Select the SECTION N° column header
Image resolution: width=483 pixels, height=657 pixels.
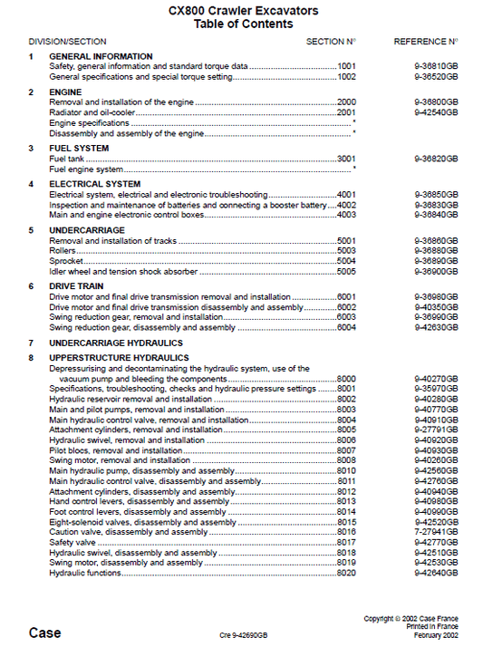pos(331,42)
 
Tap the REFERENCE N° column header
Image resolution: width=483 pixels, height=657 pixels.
pos(425,42)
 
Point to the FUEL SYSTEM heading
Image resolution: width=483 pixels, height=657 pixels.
pos(79,148)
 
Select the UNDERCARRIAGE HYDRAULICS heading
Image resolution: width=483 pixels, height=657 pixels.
pos(115,343)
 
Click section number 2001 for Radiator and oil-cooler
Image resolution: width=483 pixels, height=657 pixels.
pos(346,112)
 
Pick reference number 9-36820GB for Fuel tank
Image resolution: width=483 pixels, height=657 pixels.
pos(436,159)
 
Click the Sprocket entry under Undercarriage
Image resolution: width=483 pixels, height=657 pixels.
pos(67,261)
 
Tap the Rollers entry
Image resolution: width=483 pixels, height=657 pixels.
pos(63,250)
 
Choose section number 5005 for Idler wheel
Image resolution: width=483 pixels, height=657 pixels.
pos(346,271)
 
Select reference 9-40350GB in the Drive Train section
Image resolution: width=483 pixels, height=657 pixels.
pos(436,307)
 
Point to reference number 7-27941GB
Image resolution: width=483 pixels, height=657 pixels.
pos(436,532)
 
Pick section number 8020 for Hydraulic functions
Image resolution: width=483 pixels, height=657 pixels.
pos(346,573)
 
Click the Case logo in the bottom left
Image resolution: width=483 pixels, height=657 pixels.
pos(44,633)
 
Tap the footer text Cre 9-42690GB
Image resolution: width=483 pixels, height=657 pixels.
pos(244,635)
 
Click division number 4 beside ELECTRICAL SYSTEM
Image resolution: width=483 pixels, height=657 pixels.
pos(31,184)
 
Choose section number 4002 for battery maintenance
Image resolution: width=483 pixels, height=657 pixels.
pos(346,205)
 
